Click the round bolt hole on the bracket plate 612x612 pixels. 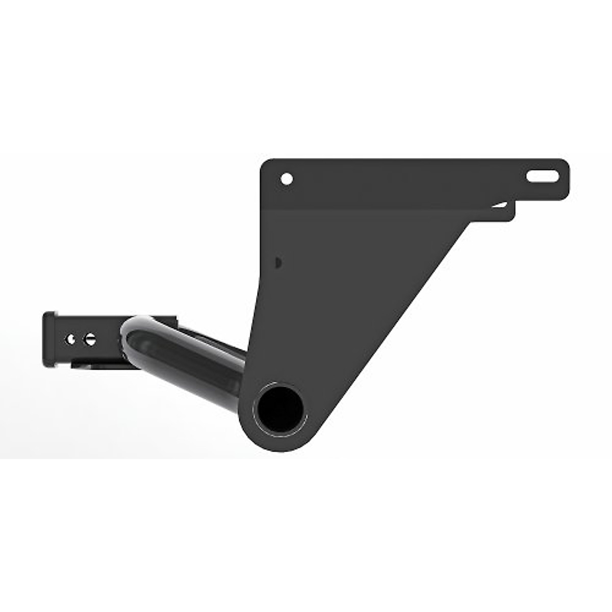click(x=287, y=179)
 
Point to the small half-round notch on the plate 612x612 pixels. click(x=277, y=263)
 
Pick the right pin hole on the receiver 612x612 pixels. click(x=90, y=339)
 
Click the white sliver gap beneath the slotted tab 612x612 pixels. click(x=500, y=205)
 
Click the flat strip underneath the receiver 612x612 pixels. click(x=97, y=364)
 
